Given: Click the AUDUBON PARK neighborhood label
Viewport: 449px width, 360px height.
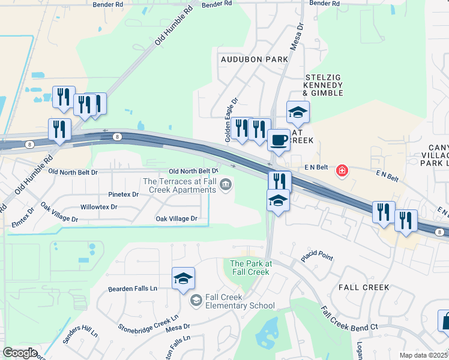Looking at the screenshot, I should point(254,59).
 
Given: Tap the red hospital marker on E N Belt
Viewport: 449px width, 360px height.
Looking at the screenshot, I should point(342,171).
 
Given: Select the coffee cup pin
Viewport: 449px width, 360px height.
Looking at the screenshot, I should point(278,140).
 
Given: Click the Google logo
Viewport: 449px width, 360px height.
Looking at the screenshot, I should point(20,353).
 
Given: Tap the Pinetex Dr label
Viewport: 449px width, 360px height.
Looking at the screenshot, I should point(124,194).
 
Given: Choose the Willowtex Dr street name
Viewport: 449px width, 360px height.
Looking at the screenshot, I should point(98,207).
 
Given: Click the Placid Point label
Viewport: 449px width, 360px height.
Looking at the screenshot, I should point(316,256).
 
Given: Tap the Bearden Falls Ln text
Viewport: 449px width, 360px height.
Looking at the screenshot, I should point(132,289).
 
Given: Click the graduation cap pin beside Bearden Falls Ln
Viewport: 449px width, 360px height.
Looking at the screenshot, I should point(183,279).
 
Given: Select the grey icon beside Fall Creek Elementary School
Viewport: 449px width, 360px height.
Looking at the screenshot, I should point(195,300).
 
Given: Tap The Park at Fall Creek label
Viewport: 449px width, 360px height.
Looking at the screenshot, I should point(250,268).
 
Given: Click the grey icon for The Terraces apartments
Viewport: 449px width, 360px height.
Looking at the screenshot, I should point(226,184).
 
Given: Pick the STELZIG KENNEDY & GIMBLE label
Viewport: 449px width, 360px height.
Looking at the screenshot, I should point(324,85).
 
